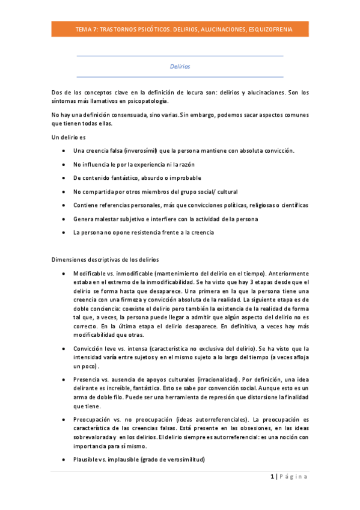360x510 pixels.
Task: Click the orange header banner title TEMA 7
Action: pos(180,29)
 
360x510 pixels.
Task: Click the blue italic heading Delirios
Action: pos(180,66)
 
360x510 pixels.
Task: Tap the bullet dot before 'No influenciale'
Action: pos(64,164)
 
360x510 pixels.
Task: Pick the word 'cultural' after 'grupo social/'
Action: pos(225,191)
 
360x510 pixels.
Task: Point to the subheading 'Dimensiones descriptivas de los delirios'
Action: pos(106,260)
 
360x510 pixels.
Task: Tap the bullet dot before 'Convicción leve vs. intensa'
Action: pos(64,348)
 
